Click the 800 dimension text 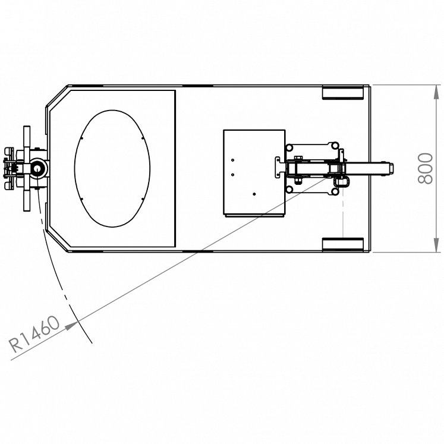click(426, 168)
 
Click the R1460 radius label click(34, 335)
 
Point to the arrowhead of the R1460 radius click(72, 325)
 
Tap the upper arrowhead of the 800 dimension click(437, 92)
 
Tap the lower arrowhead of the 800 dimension click(437, 245)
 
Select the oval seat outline click(74, 168)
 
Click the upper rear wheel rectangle click(343, 93)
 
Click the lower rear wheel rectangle click(343, 244)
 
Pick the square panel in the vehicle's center click(254, 172)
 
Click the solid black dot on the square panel click(254, 194)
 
